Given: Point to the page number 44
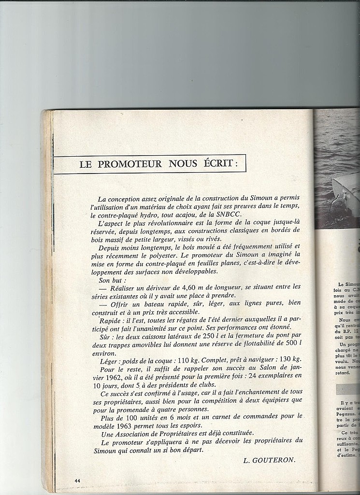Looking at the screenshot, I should pos(77,480).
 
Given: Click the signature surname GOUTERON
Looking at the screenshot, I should pos(276,460).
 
